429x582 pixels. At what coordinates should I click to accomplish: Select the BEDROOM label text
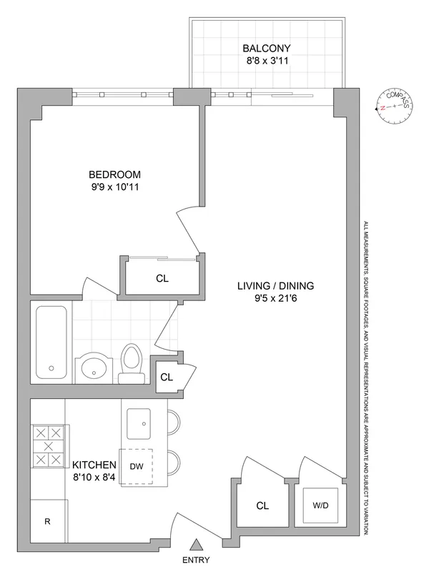click(114, 174)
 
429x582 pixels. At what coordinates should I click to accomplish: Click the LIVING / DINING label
click(276, 286)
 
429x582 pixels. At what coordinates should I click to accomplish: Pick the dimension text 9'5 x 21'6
click(276, 300)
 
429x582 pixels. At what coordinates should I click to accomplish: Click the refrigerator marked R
click(48, 521)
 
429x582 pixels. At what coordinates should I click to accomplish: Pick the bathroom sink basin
click(94, 368)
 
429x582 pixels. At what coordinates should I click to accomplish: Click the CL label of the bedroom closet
click(162, 280)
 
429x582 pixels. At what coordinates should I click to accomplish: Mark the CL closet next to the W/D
click(262, 505)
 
